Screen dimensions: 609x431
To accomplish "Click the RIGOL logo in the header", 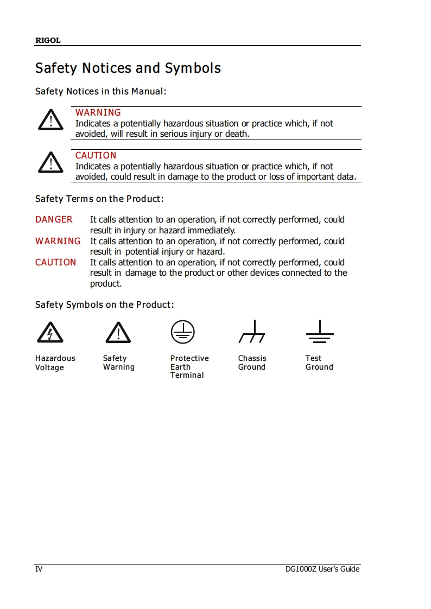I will click(48, 41).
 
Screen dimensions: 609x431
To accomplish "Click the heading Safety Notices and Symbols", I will click(128, 68).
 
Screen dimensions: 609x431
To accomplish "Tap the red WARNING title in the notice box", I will click(98, 112).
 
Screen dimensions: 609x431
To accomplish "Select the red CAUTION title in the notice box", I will click(96, 155).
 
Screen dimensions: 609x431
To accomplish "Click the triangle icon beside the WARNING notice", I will click(50, 120).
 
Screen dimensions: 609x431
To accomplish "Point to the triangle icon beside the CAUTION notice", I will click(50, 162).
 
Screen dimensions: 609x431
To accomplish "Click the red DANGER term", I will click(54, 219).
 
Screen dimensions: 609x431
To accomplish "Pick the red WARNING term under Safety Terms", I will click(58, 241).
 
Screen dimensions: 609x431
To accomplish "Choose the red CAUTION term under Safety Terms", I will click(55, 262).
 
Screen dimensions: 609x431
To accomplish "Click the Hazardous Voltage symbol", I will click(50, 332).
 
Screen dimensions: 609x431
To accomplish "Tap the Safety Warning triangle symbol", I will click(118, 332).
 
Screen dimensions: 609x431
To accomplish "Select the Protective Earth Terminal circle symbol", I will click(183, 331).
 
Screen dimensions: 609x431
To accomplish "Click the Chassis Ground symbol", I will click(252, 332).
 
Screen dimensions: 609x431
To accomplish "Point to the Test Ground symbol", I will click(320, 332).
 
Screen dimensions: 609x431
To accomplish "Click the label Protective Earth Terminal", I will click(189, 366).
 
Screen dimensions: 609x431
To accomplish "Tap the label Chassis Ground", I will click(252, 363).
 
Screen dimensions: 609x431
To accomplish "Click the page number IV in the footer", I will click(39, 569).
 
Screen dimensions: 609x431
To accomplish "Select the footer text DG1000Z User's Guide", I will click(322, 569).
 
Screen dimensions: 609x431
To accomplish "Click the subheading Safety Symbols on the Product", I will click(104, 304).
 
